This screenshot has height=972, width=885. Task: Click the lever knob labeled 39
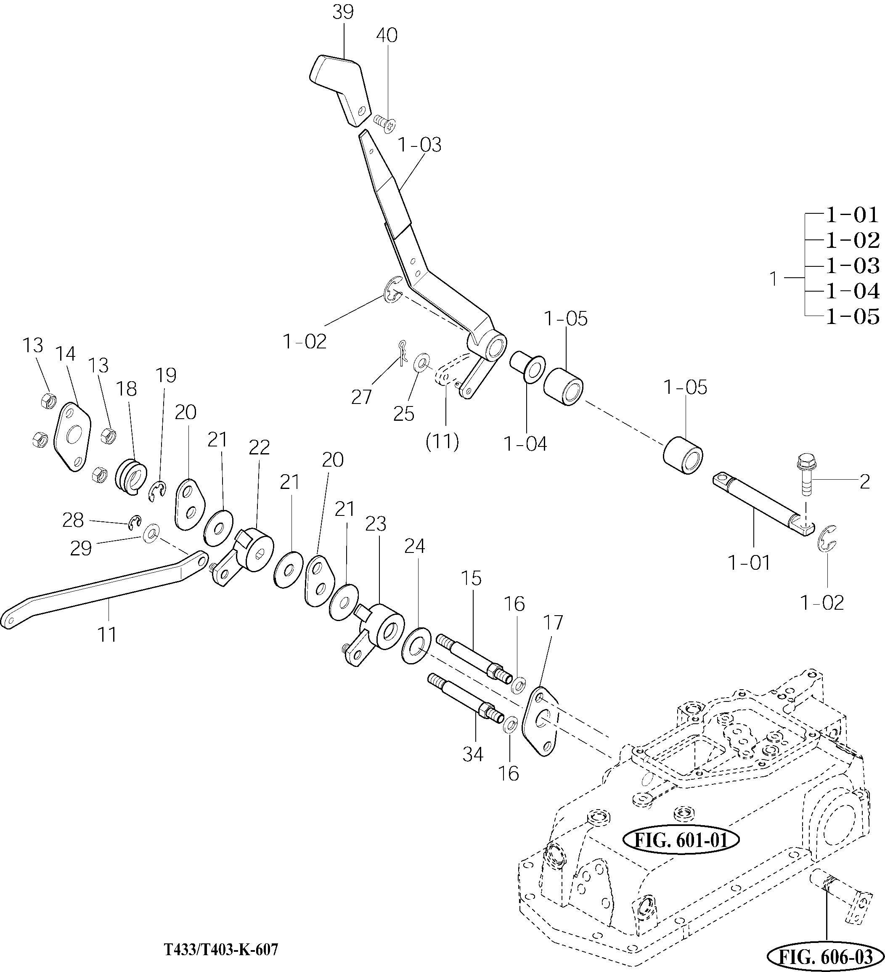(340, 89)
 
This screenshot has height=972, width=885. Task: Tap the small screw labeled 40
(384, 122)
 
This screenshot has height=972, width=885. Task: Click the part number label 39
(343, 13)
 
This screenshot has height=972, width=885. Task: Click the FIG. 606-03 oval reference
(826, 956)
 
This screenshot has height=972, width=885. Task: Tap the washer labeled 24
(416, 645)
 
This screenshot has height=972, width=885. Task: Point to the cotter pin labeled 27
(402, 354)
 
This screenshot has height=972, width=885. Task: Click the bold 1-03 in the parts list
(852, 265)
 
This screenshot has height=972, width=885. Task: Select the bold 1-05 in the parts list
(852, 316)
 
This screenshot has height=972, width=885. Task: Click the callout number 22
(260, 447)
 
